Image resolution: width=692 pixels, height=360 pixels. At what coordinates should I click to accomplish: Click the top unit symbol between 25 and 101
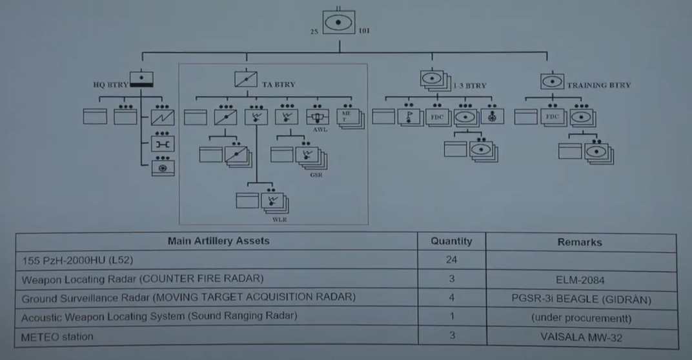click(x=340, y=24)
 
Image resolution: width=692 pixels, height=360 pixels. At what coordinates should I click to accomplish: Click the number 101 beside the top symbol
click(x=364, y=30)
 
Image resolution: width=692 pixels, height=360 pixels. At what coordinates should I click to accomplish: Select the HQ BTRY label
click(x=110, y=84)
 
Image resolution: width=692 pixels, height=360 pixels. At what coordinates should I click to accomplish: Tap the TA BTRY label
click(x=279, y=85)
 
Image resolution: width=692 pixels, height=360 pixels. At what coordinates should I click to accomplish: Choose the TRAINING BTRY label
click(x=598, y=85)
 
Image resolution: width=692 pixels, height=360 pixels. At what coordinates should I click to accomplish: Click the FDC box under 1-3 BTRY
click(x=437, y=117)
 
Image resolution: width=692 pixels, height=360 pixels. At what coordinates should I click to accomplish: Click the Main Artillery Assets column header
click(x=218, y=241)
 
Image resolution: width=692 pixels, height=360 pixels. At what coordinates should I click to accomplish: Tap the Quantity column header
click(x=451, y=241)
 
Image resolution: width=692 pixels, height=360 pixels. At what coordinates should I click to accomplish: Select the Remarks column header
click(x=579, y=242)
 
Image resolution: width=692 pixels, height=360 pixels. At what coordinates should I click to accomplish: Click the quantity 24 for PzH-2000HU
click(x=451, y=261)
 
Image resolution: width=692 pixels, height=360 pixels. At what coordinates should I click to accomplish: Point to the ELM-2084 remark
click(x=579, y=280)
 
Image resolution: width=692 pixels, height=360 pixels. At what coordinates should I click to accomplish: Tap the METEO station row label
click(x=57, y=337)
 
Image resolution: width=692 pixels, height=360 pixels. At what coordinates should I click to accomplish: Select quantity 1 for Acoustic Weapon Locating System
click(x=452, y=317)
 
